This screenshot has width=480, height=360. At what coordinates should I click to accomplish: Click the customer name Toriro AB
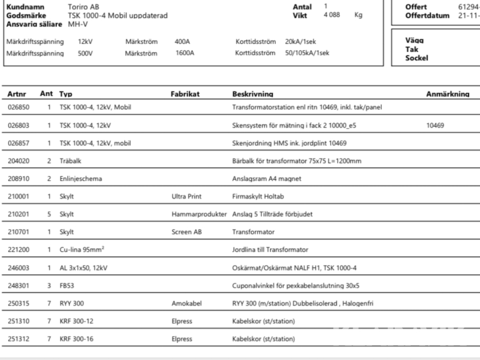coord(83,7)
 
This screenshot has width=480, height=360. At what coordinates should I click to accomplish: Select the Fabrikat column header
coord(185,94)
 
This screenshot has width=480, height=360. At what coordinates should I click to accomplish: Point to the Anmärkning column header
coord(447,94)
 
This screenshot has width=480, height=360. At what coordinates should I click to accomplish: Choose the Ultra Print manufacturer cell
coord(185,196)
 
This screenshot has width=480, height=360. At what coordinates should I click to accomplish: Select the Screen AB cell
coord(185,232)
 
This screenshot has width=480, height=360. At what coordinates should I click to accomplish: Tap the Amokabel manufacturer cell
coord(184,303)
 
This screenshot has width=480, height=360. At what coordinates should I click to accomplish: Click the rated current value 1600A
coord(185,53)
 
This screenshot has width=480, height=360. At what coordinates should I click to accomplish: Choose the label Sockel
coord(417,58)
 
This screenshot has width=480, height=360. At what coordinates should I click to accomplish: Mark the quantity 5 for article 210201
coord(49,214)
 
